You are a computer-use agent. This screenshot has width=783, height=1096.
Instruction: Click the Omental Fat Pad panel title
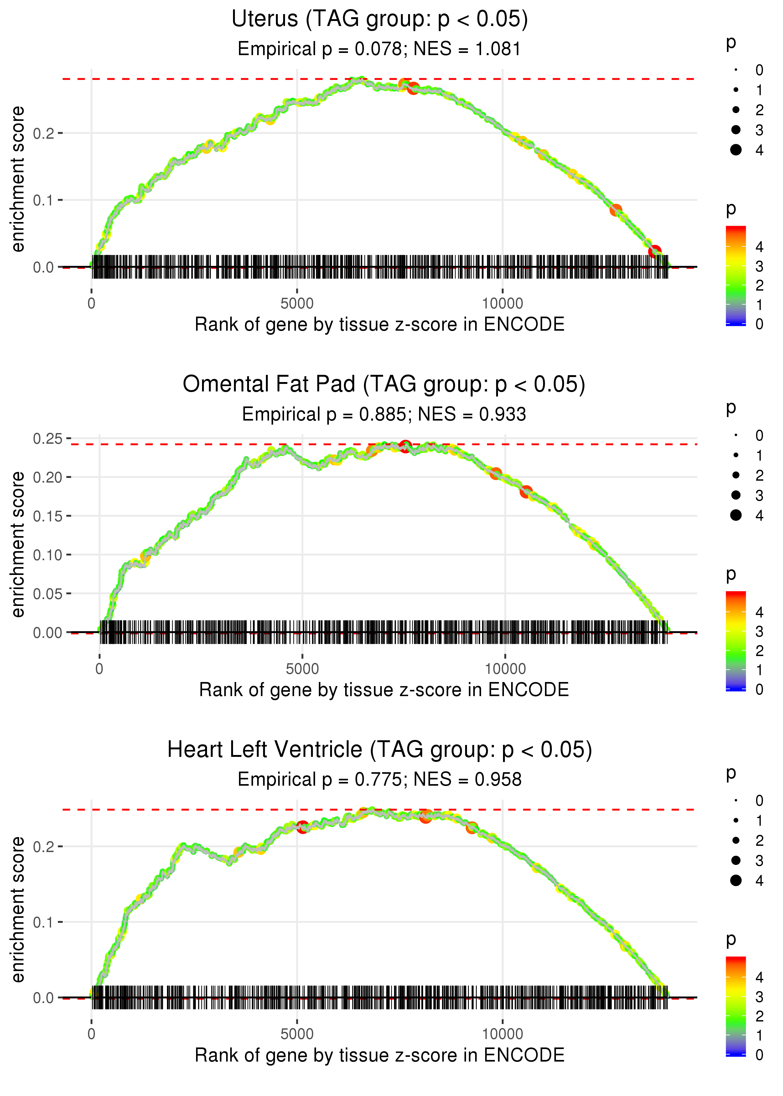click(384, 385)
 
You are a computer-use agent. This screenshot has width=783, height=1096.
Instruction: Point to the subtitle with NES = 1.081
click(380, 49)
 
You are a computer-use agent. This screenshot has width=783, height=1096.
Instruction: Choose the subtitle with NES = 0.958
click(380, 780)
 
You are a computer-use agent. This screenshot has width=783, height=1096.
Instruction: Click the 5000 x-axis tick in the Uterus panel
click(297, 304)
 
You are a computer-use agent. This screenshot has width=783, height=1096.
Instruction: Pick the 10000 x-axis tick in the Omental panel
click(505, 669)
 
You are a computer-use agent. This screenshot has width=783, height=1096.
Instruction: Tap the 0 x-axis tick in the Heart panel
click(91, 1034)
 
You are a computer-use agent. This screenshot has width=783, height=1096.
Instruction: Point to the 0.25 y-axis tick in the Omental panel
click(47, 439)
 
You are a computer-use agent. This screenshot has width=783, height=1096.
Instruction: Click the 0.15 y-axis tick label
click(47, 516)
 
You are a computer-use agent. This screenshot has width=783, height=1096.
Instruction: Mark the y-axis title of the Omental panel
click(18, 544)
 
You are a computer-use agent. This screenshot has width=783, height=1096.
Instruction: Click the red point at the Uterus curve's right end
click(655, 251)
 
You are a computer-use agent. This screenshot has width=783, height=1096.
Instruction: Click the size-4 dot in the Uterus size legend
click(736, 150)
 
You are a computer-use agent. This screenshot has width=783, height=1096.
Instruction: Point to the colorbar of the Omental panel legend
click(736, 641)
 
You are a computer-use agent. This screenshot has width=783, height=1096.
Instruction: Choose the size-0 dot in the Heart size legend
click(736, 801)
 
